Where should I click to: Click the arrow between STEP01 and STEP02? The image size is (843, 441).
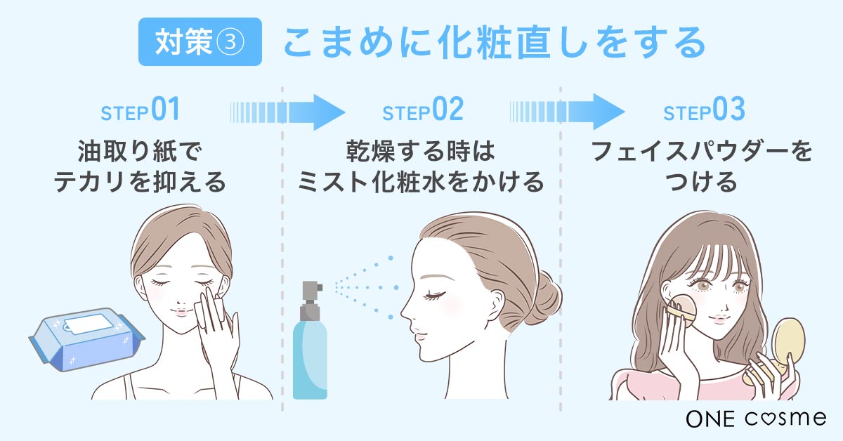click(x=288, y=110)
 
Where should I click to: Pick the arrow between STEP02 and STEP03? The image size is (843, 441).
click(x=567, y=110)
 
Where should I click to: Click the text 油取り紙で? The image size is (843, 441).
click(x=140, y=152)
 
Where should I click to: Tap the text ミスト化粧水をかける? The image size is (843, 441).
click(x=421, y=183)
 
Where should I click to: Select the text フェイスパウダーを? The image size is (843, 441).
click(x=702, y=152)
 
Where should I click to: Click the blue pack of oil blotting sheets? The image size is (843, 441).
click(x=84, y=341)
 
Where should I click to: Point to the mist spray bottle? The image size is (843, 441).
click(x=310, y=351)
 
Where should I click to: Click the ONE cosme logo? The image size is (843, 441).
click(x=755, y=418)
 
